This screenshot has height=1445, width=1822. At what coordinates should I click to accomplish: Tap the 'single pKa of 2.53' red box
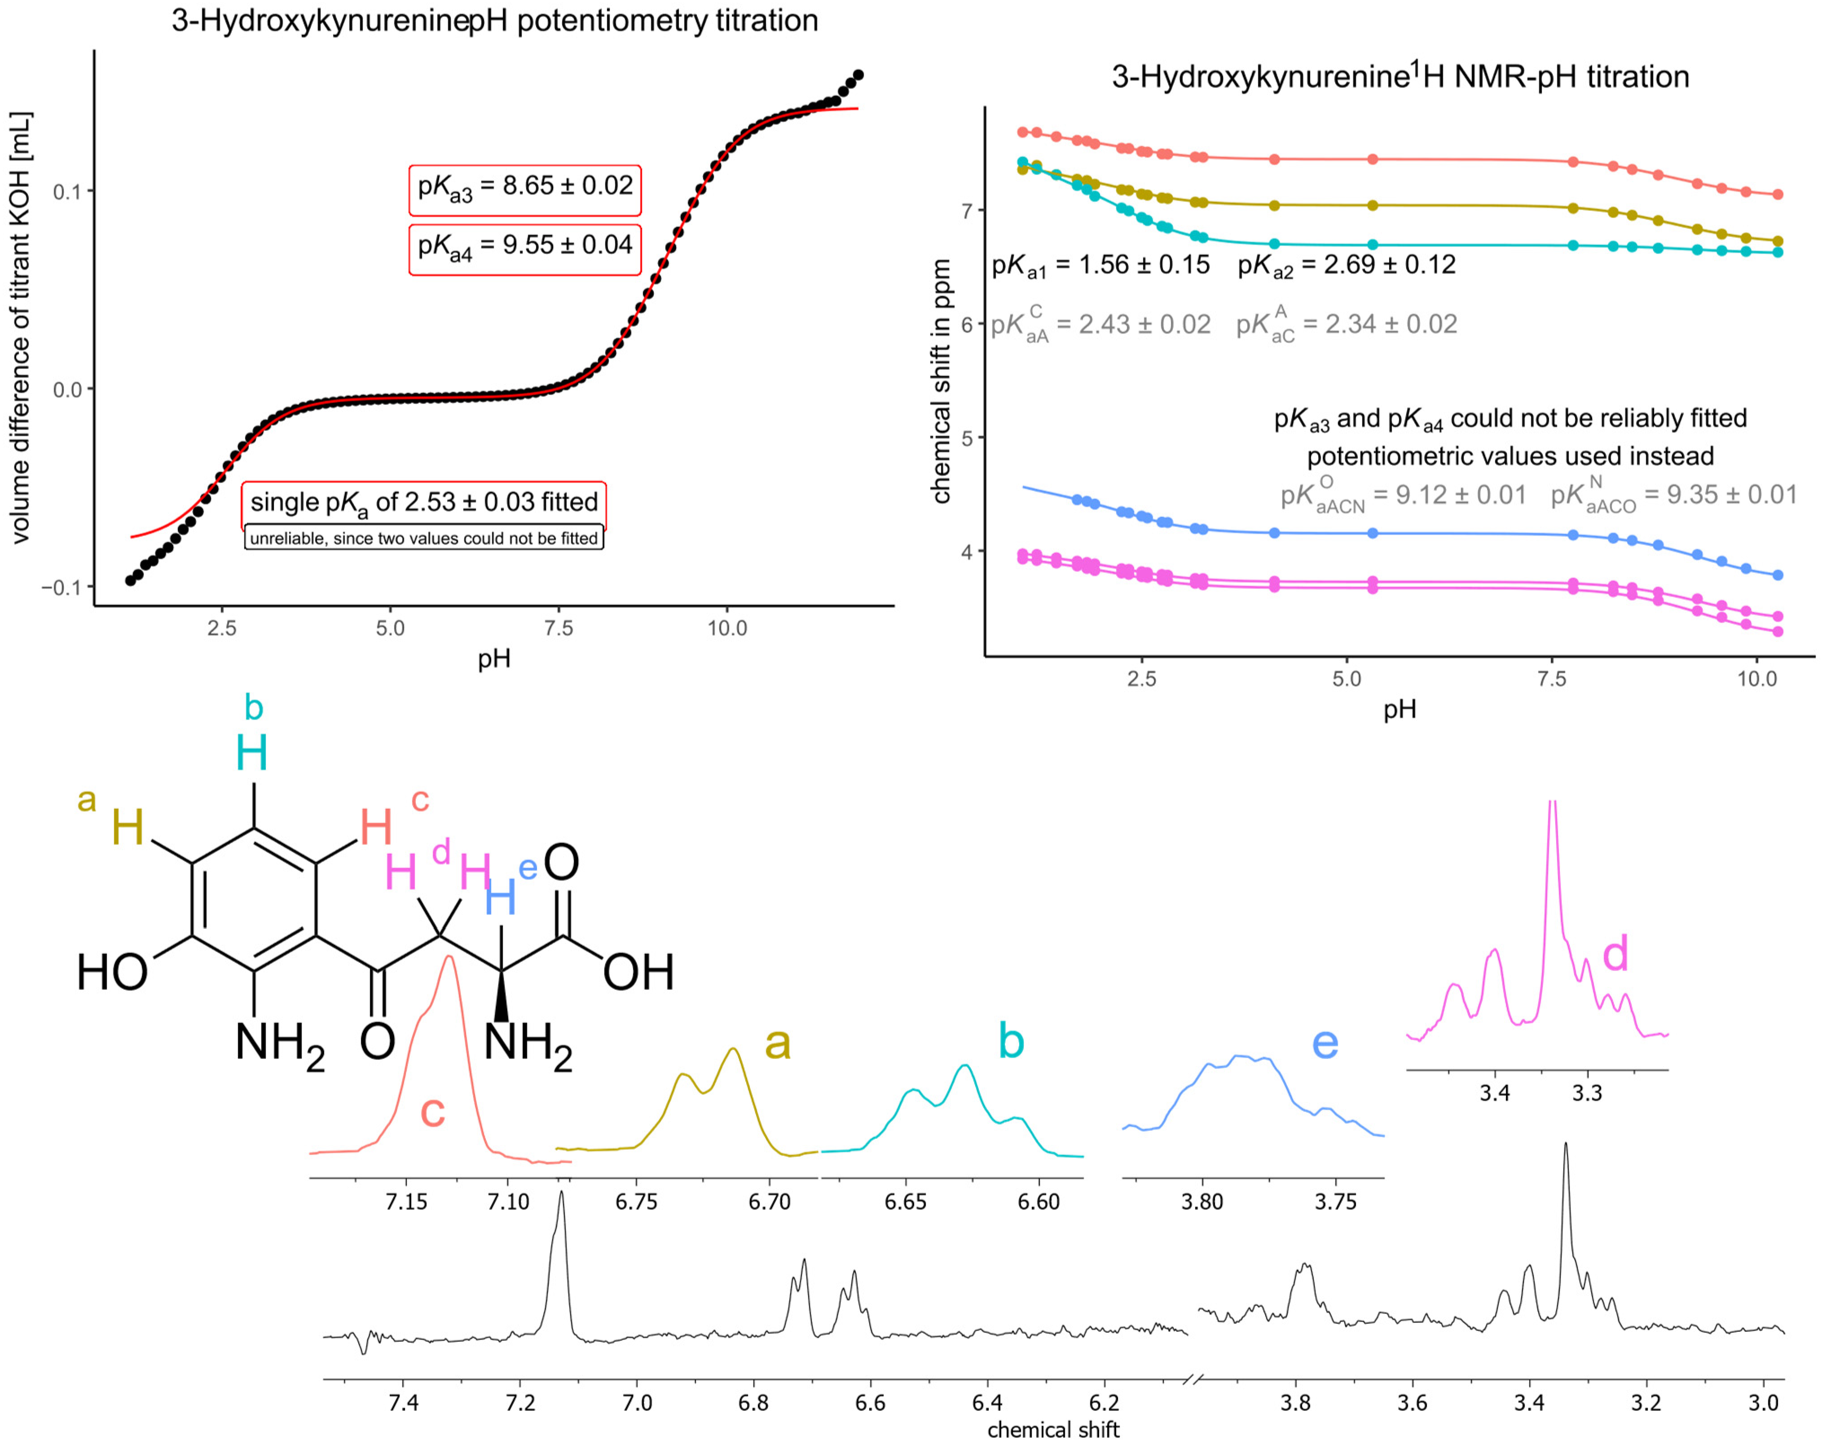[x=423, y=503]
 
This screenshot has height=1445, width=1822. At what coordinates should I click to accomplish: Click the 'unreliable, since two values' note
[x=423, y=538]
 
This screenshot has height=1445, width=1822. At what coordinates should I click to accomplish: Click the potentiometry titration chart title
[x=494, y=20]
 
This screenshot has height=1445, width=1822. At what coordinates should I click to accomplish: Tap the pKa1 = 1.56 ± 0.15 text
[x=1100, y=265]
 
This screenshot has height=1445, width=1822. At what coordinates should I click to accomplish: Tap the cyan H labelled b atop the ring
[x=252, y=752]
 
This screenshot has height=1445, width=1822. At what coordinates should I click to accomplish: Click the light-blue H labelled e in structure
[x=500, y=897]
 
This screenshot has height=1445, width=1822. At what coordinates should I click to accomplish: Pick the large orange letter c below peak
[x=433, y=1111]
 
